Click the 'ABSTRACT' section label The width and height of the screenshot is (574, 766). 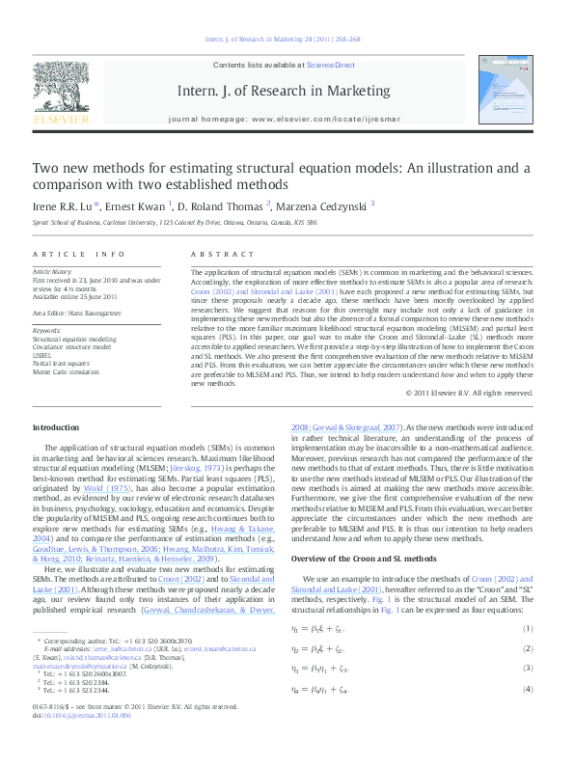pyautogui.click(x=215, y=254)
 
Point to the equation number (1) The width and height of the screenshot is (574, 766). pyautogui.click(x=528, y=629)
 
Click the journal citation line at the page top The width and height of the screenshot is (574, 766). pyautogui.click(x=284, y=39)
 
